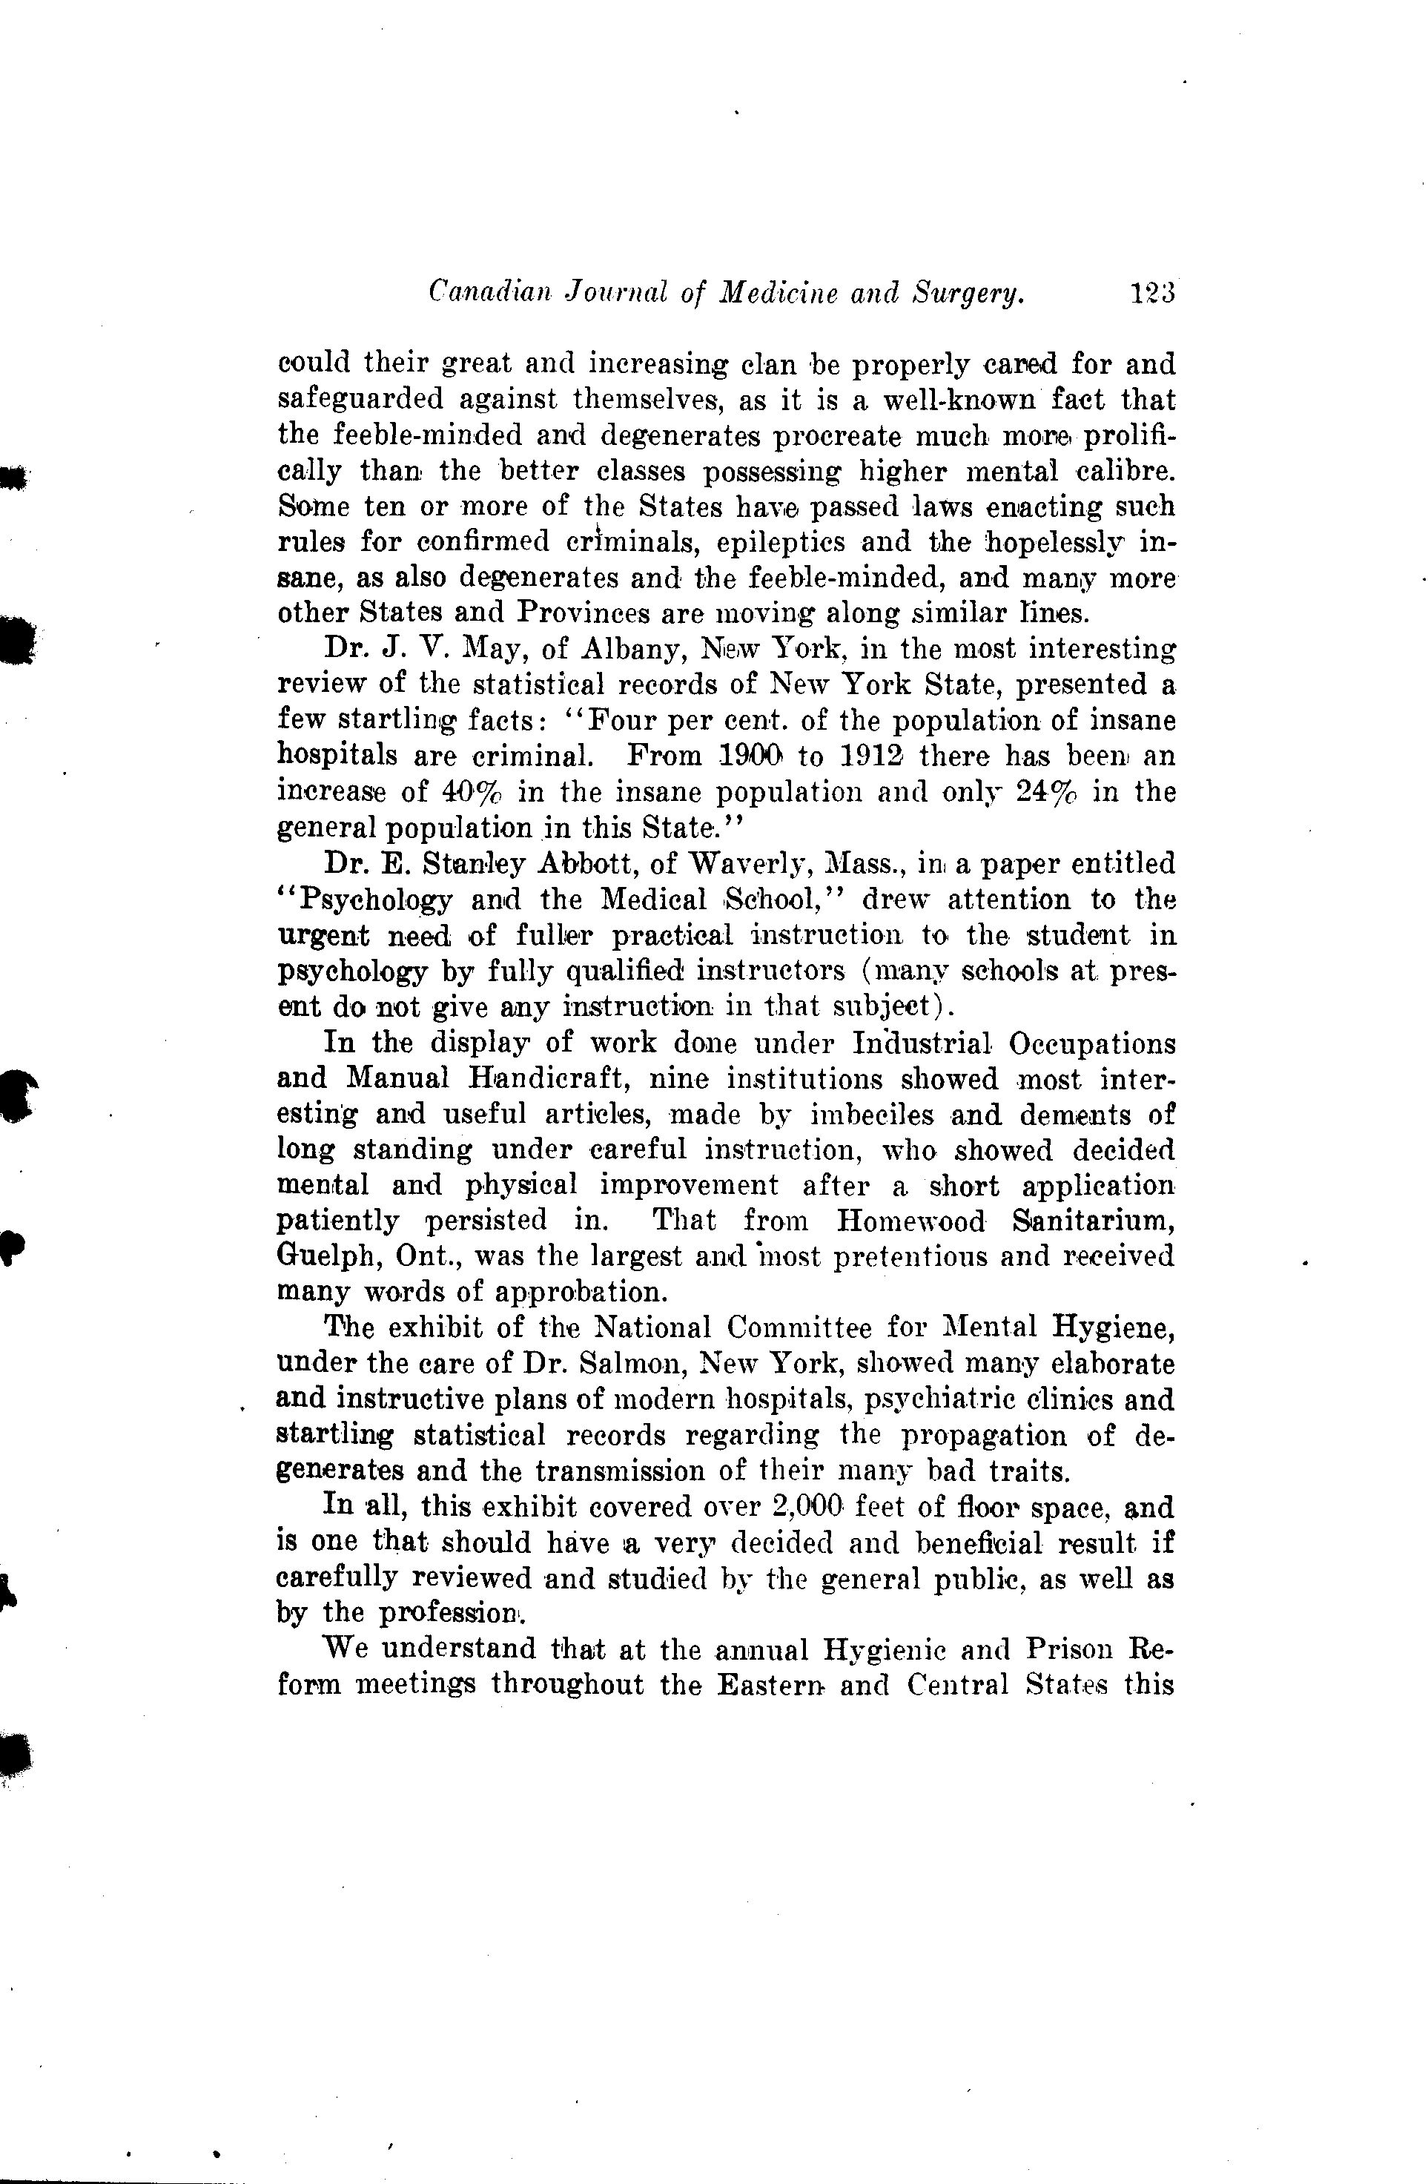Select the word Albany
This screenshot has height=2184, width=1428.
tap(632, 650)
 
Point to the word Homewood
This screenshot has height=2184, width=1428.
tap(910, 1221)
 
